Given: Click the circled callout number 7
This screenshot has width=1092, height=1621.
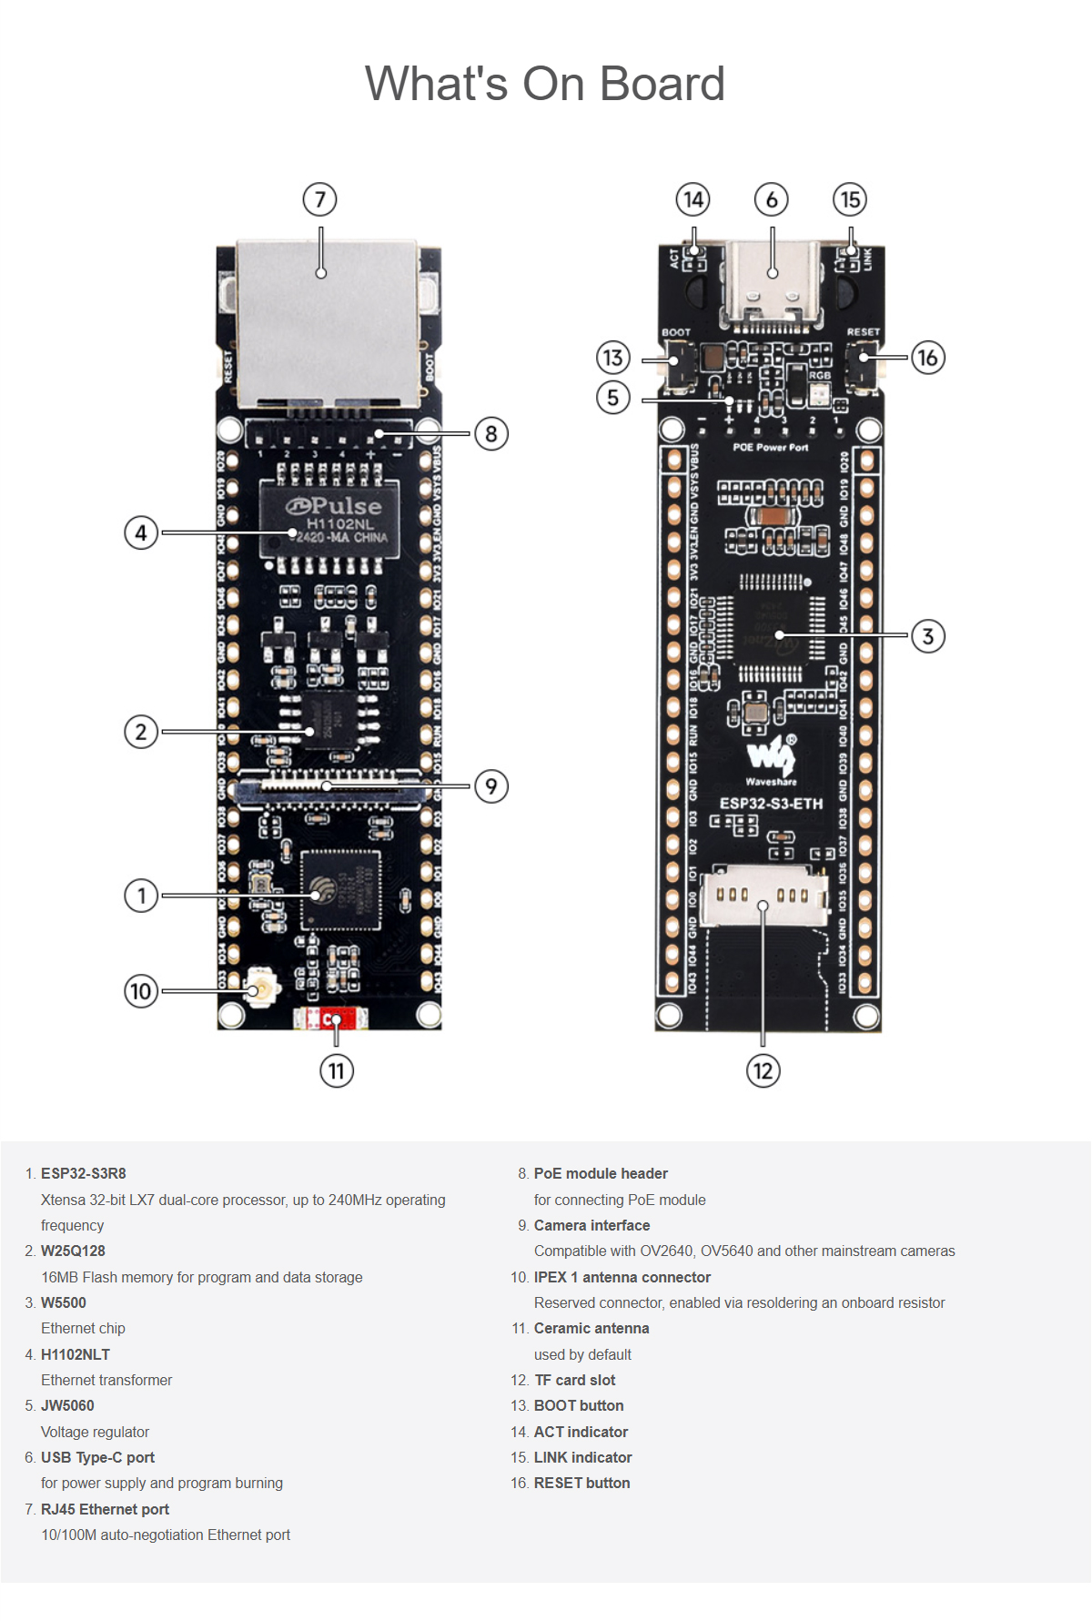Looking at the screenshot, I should pos(319,199).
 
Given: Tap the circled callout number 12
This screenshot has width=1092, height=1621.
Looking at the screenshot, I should pos(763,1070).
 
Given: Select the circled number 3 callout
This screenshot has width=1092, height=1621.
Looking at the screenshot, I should pos(927,635).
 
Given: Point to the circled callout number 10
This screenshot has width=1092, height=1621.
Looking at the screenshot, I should pos(140,990).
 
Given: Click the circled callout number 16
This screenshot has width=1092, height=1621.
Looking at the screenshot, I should pos(927,358).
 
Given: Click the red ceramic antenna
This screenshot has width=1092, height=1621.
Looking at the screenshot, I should pos(331,1019).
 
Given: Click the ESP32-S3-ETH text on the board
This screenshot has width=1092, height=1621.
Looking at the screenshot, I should pos(771,804).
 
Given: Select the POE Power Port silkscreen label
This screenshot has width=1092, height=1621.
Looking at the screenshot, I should pos(770,448).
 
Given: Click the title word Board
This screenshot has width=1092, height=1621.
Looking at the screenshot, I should pos(662,84).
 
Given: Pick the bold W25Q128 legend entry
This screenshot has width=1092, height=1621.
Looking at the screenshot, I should pos(73,1251).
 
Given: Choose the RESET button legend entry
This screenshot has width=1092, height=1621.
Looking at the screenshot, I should pos(581,1483).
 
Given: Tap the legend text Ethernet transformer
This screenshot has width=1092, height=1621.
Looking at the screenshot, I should pos(106,1380).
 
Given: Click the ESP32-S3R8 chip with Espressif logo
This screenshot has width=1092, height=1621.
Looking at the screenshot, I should pos(339,890).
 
